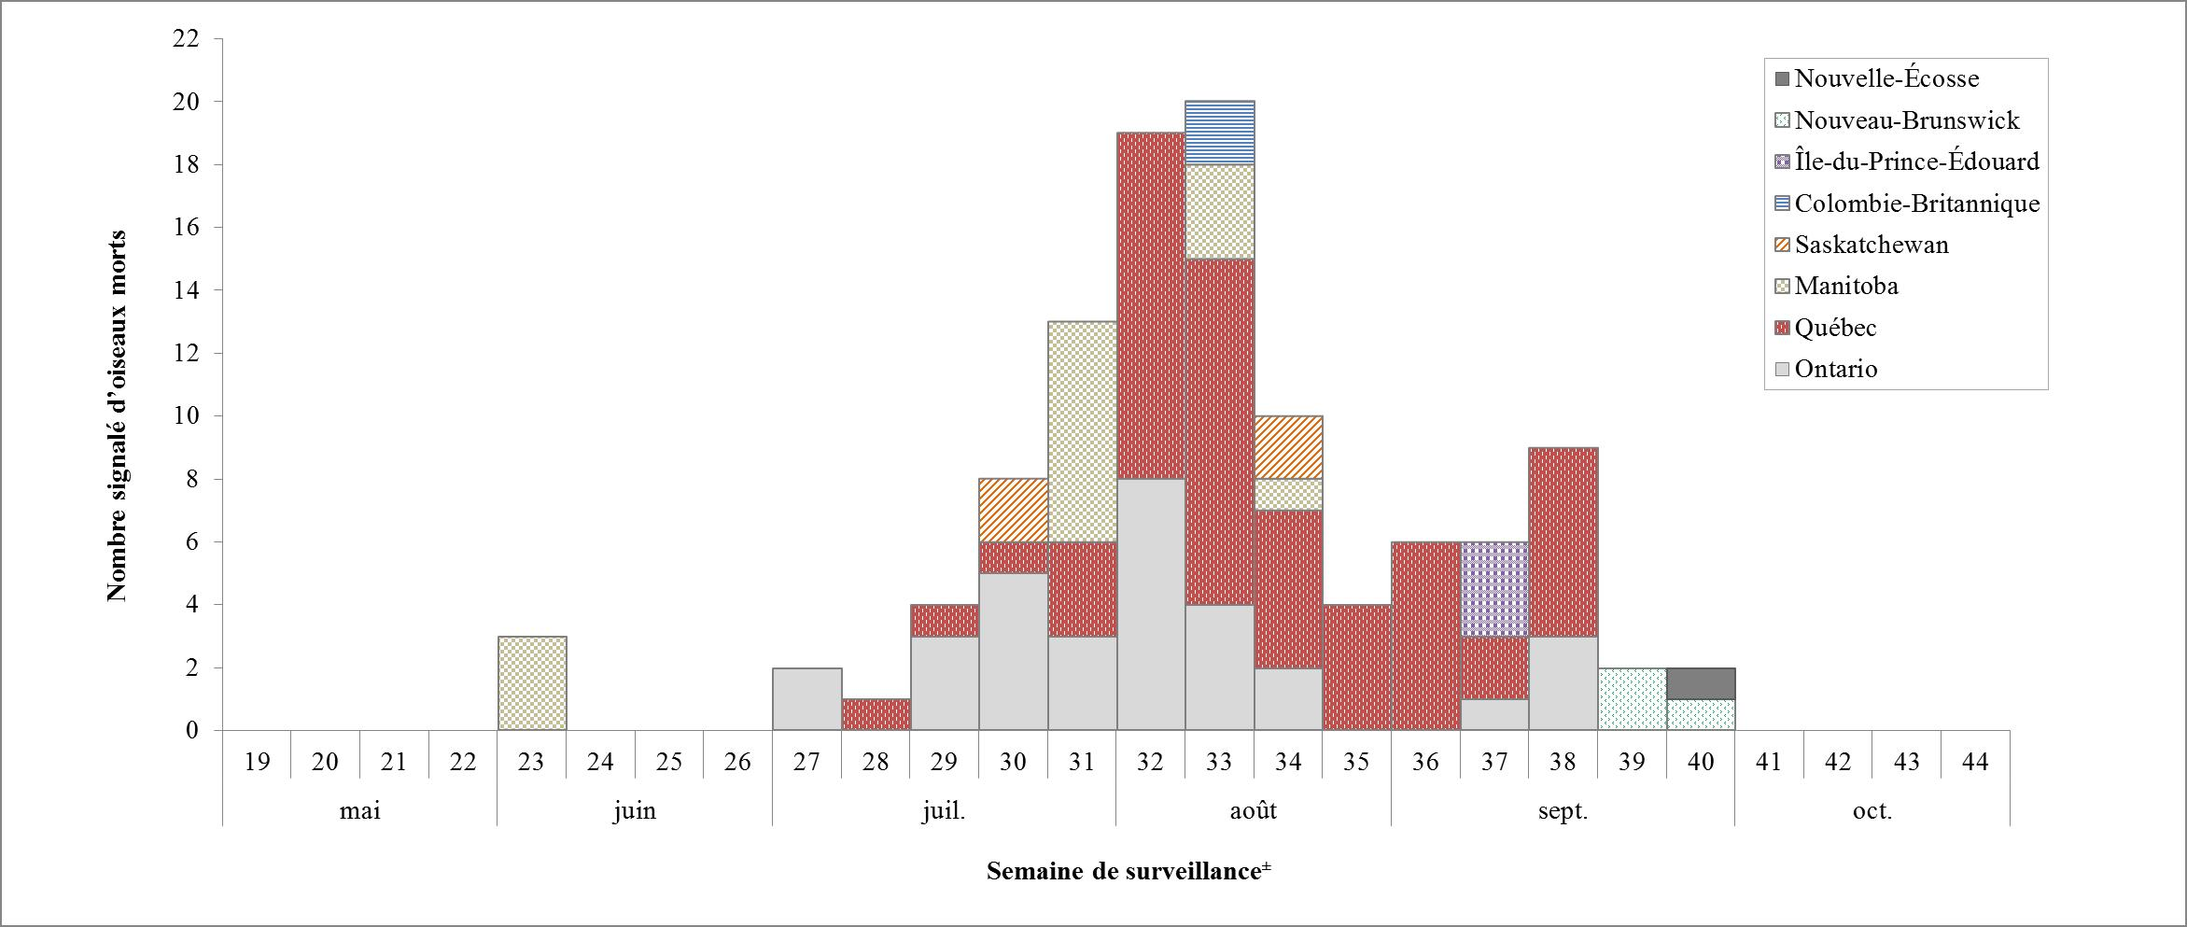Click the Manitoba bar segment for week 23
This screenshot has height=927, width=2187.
[531, 683]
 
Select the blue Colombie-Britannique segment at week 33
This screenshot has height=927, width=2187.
[1219, 133]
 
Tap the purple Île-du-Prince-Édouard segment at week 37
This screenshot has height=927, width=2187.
[1494, 589]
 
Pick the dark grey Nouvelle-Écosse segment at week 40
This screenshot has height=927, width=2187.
[1701, 683]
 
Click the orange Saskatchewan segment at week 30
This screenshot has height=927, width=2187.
[1013, 510]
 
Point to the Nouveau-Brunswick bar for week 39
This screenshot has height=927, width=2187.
[1632, 699]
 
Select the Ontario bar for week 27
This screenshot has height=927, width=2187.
[806, 699]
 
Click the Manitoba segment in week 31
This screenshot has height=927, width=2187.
[1082, 431]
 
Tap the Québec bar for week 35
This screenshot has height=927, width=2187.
[1356, 667]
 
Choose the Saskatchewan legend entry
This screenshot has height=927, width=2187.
[1871, 245]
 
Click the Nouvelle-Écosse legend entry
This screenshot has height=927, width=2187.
[1886, 78]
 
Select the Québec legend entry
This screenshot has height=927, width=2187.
[1834, 328]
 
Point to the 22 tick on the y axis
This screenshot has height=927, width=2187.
[186, 39]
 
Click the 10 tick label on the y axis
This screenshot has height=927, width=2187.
[186, 415]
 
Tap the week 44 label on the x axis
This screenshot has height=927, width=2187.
[1975, 763]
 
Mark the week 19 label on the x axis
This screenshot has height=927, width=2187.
[257, 763]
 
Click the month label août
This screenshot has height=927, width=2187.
[1253, 810]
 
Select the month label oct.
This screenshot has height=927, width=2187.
[1872, 810]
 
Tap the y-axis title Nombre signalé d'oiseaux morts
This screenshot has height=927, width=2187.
[117, 415]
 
